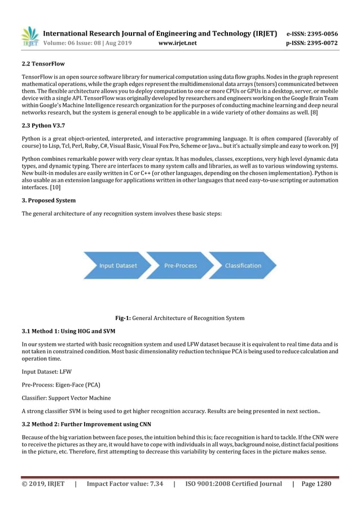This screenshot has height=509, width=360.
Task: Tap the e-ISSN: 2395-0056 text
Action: (x=312, y=33)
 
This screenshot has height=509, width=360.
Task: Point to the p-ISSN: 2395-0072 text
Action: (x=312, y=43)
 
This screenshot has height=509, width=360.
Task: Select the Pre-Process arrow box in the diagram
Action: (x=180, y=266)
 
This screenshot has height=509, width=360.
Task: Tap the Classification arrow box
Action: (x=243, y=266)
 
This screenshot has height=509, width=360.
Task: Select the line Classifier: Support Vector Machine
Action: (x=66, y=398)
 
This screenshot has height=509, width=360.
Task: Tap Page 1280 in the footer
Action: (x=316, y=484)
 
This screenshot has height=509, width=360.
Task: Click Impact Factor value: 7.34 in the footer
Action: (x=125, y=484)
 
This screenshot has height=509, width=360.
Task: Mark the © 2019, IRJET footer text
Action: (x=43, y=484)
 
